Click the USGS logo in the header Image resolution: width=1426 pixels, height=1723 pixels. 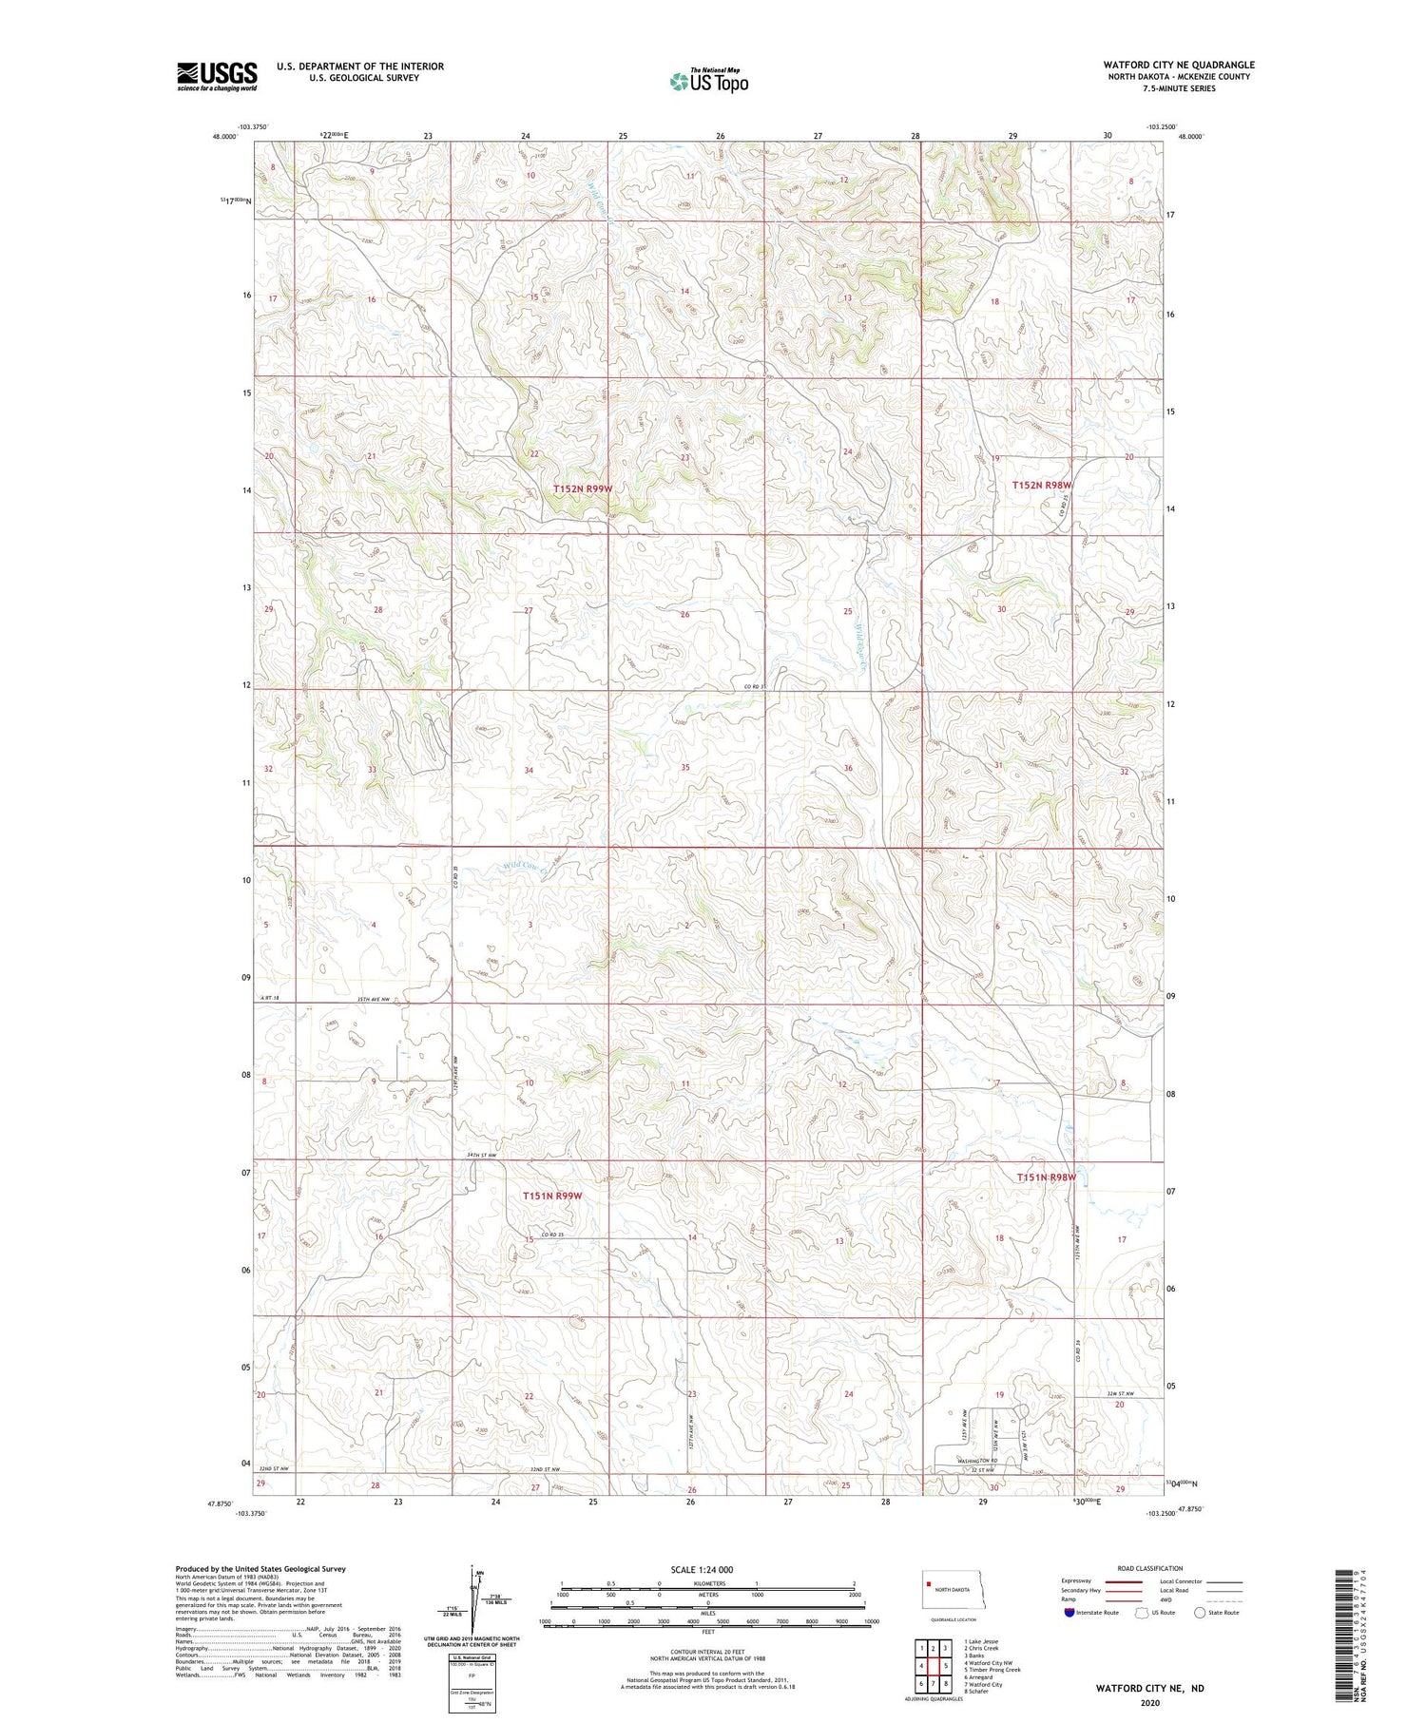[x=217, y=76]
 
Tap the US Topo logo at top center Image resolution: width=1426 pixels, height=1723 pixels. [x=708, y=82]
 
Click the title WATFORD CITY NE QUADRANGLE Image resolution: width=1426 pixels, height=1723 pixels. [x=1178, y=65]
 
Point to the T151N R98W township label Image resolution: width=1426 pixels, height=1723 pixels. [x=1046, y=1177]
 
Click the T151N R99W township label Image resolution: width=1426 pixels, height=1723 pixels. [x=551, y=1196]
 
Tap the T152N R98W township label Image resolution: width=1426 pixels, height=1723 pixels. [x=1041, y=485]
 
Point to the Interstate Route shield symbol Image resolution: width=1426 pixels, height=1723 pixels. [x=1069, y=1613]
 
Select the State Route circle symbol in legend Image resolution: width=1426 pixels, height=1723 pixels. [x=1200, y=1613]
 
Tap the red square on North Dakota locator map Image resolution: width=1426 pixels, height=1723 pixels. [x=929, y=1583]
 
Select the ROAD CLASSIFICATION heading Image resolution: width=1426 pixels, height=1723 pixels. [x=1150, y=1568]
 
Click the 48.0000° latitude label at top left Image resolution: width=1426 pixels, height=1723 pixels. [x=225, y=137]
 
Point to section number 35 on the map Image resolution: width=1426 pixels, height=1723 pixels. [x=684, y=767]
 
